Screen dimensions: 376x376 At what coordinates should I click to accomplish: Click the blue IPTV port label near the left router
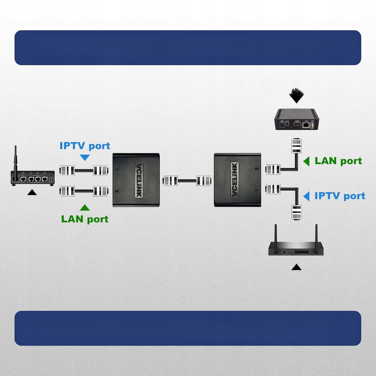85,146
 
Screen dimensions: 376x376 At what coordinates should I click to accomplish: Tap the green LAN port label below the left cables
85,219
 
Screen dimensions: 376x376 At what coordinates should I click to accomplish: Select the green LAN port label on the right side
338,161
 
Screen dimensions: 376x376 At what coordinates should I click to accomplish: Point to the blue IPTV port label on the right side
340,196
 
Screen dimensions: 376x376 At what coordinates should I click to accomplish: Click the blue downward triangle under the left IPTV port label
85,157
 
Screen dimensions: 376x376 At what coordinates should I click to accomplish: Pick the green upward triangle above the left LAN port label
85,208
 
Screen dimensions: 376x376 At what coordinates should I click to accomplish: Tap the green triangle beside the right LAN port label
307,161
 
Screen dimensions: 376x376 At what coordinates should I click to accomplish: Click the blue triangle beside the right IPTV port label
307,196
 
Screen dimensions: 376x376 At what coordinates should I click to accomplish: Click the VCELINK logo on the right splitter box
234,179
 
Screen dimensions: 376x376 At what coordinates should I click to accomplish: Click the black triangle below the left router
32,192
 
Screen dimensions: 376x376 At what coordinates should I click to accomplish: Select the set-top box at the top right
297,120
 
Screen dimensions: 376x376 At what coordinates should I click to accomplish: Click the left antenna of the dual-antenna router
275,234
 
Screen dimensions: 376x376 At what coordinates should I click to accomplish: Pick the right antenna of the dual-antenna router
316,234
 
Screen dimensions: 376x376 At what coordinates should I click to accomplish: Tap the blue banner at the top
188,48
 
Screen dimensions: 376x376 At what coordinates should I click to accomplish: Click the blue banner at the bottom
188,328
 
